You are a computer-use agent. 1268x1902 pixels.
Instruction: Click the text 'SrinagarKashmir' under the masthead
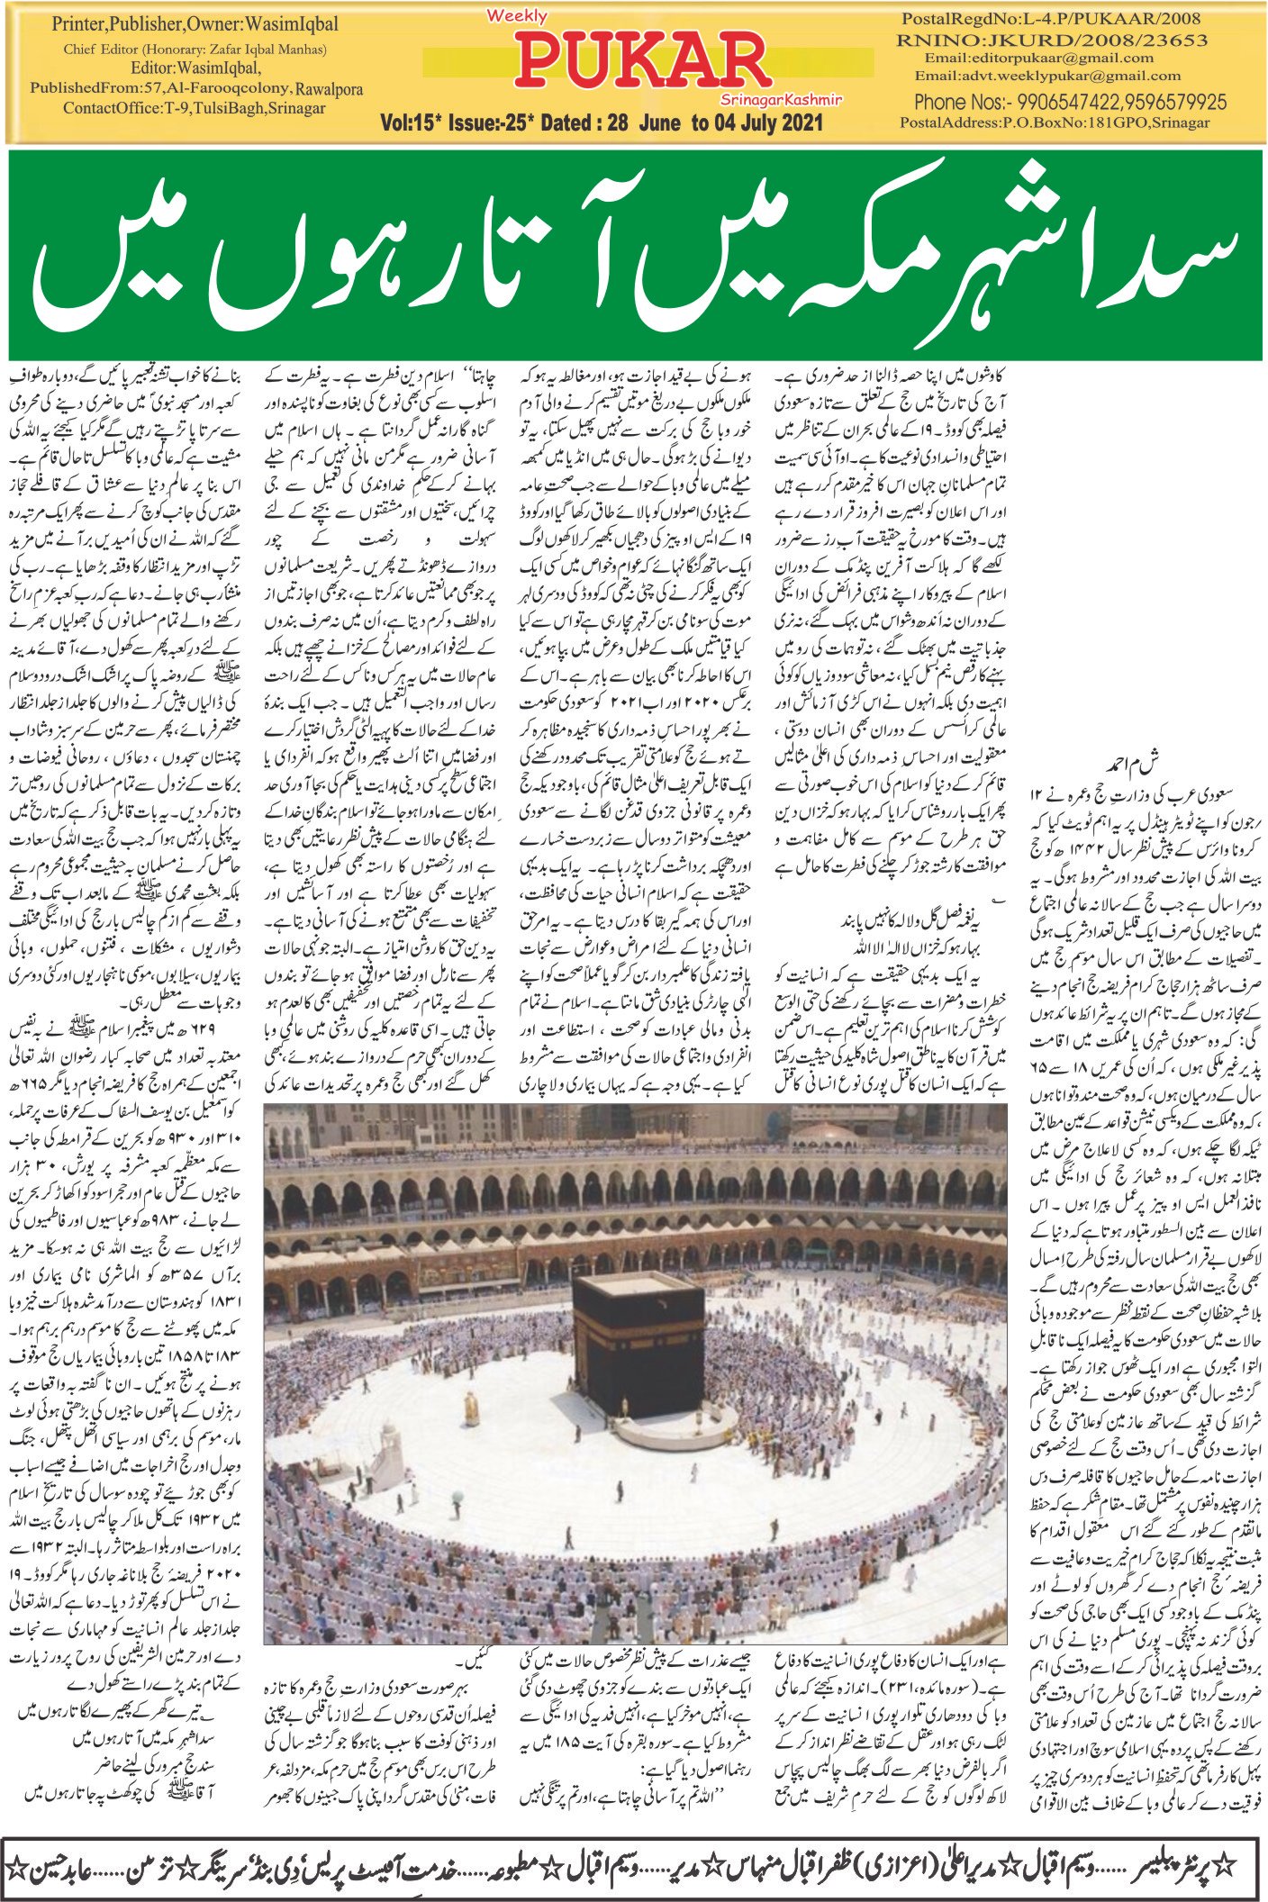coord(780,100)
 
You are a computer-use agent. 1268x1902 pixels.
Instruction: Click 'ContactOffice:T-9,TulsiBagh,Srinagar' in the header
coord(194,108)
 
